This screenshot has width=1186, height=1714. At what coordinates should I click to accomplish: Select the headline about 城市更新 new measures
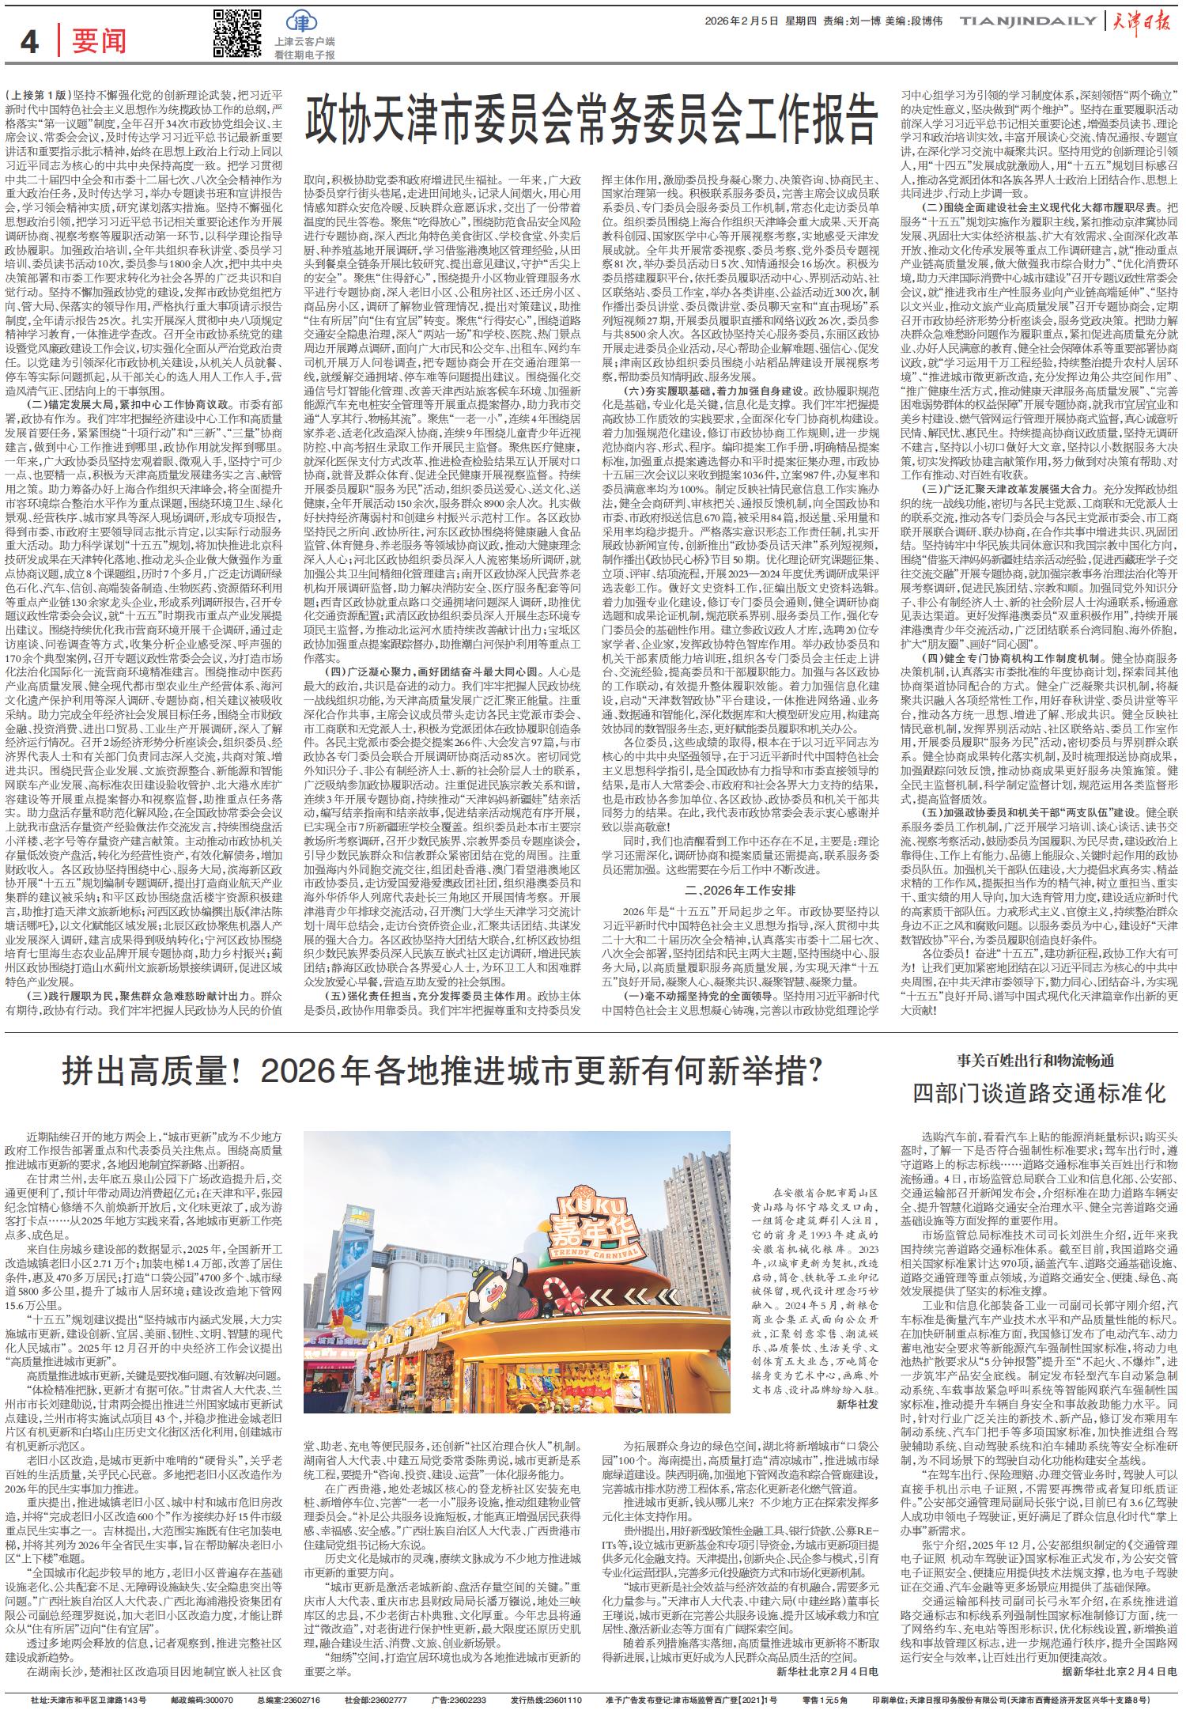[443, 1073]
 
